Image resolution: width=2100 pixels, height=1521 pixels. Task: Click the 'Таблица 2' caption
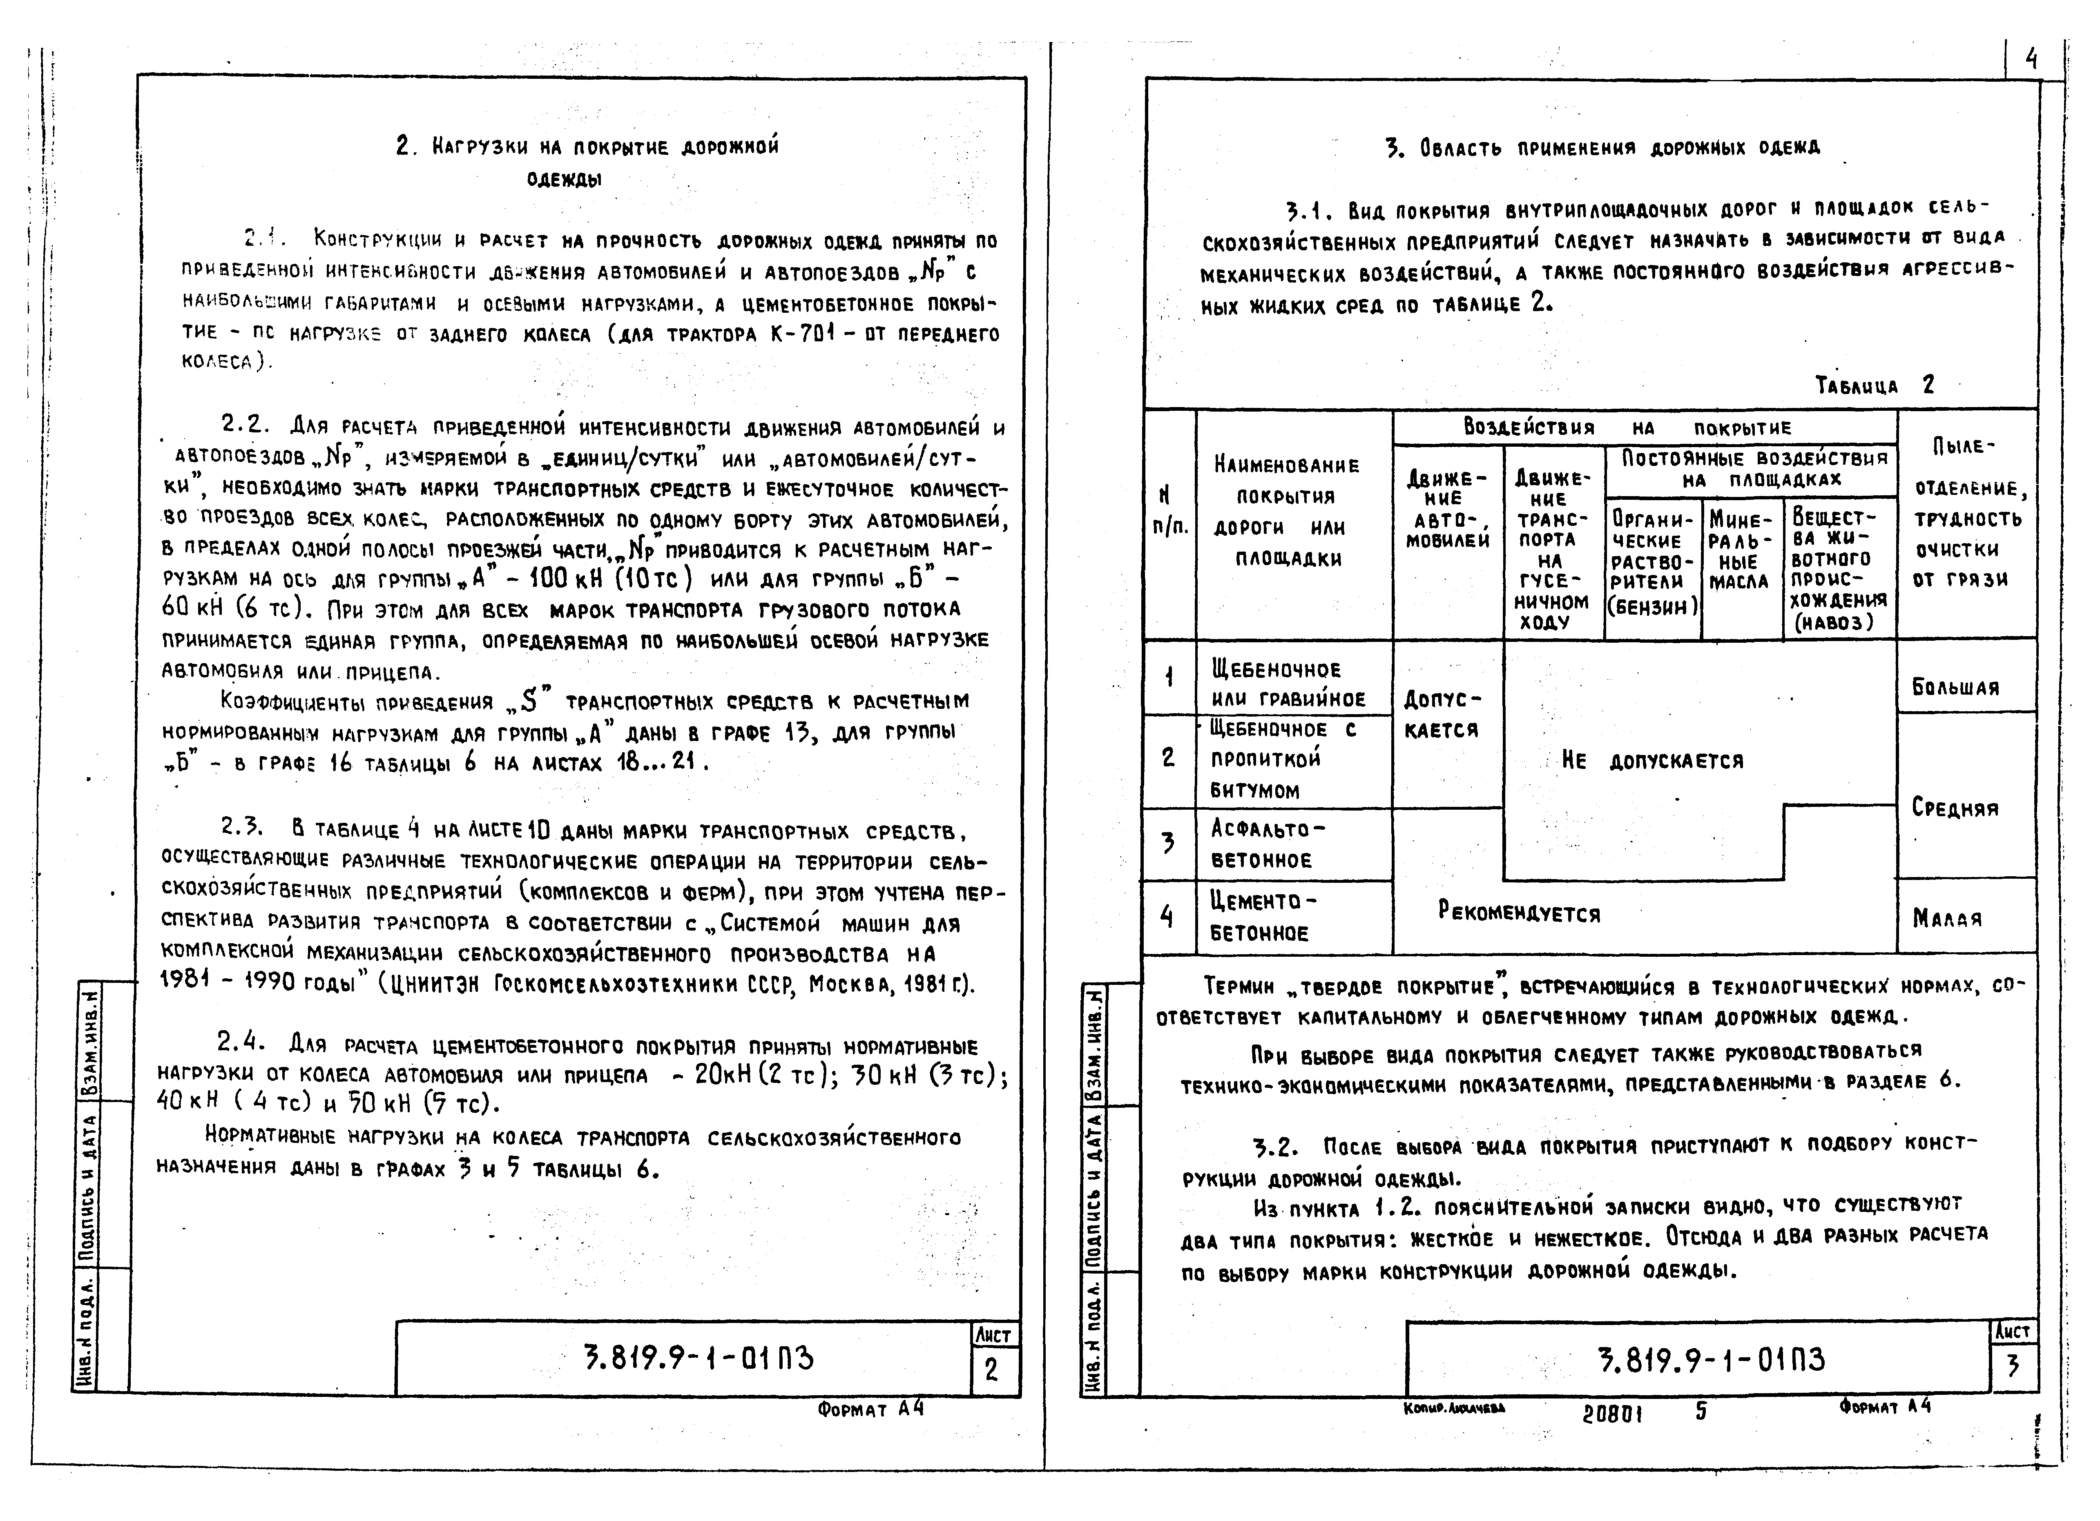[1874, 385]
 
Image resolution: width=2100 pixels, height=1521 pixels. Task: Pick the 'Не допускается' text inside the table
[1652, 761]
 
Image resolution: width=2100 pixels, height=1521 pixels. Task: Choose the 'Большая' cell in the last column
[1955, 687]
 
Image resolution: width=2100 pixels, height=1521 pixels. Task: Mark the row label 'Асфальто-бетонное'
[1267, 844]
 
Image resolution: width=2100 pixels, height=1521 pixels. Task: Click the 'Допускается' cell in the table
[1443, 714]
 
